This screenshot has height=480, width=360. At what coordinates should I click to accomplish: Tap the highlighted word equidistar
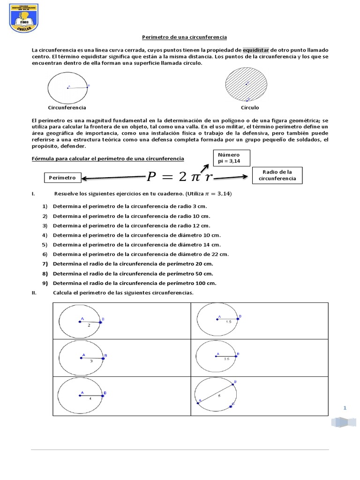(256, 50)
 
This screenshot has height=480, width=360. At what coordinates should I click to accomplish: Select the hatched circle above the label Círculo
(246, 85)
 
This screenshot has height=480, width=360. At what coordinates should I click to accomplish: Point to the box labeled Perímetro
(62, 178)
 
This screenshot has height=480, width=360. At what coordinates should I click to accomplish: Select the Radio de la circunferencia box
(277, 175)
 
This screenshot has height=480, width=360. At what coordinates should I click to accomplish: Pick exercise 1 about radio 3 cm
(130, 206)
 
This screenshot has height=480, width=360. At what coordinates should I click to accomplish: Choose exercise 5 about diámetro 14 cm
(136, 244)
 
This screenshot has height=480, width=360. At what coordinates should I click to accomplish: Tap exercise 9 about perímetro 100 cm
(135, 283)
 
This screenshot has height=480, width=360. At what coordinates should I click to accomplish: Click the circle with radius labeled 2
(80, 322)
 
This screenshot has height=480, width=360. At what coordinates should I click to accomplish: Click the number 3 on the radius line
(91, 361)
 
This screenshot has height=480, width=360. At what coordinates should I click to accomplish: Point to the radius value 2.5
(226, 359)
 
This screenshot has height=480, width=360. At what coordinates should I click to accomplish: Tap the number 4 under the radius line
(90, 398)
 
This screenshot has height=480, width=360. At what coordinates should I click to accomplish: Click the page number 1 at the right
(345, 408)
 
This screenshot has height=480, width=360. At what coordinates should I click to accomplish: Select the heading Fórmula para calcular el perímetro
(108, 158)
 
